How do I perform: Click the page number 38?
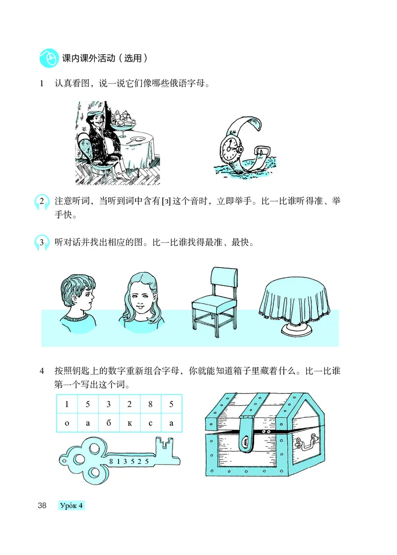(42, 506)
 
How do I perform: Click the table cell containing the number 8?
(150, 404)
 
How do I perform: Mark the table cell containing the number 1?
(66, 404)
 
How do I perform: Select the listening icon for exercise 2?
(42, 202)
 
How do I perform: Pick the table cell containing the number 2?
(130, 404)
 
